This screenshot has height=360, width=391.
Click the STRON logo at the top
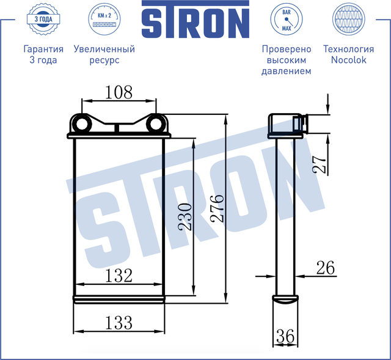point(195,22)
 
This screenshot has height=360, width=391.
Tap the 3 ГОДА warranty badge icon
point(43,21)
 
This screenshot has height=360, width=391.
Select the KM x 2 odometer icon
point(102,21)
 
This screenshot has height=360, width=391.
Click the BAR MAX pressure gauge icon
point(286,21)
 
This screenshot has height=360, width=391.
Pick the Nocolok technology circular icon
point(348,21)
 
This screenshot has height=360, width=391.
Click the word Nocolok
point(348,60)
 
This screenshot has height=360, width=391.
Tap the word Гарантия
point(43,49)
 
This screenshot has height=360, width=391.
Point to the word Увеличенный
point(104,49)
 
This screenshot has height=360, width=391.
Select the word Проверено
point(286,49)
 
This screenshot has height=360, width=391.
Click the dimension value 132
point(119,276)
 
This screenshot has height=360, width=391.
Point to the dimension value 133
point(119,321)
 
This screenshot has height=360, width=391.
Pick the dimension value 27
point(320,163)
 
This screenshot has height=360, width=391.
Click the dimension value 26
point(326,267)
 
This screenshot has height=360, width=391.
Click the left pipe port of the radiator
point(81,125)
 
